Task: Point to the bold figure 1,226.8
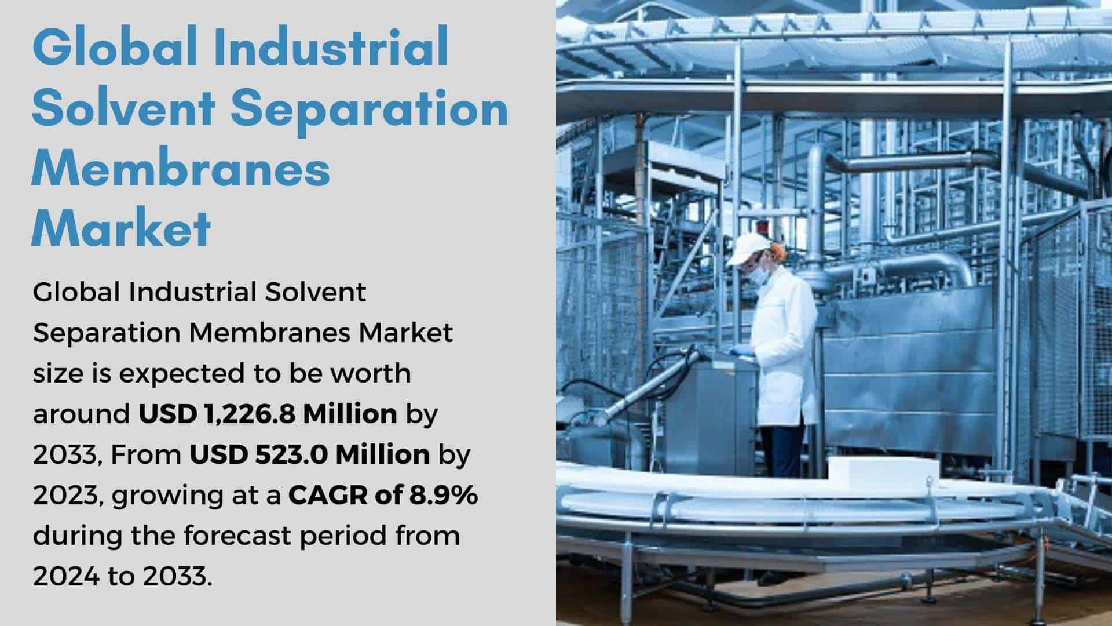coord(250,414)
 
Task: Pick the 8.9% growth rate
coord(444,495)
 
